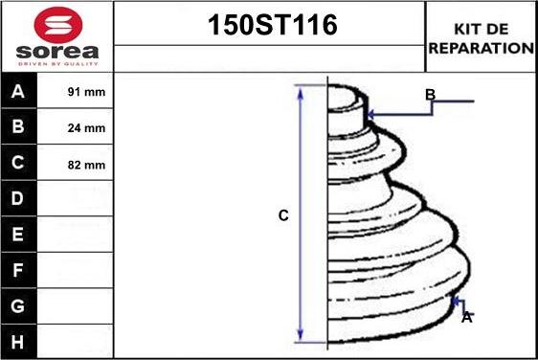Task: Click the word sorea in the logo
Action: pos(57,52)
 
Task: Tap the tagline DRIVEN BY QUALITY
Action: pos(58,64)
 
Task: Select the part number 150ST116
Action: pos(273,25)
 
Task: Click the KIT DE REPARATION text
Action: pos(482,38)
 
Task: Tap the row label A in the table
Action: pos(18,91)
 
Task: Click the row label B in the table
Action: pos(18,126)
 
